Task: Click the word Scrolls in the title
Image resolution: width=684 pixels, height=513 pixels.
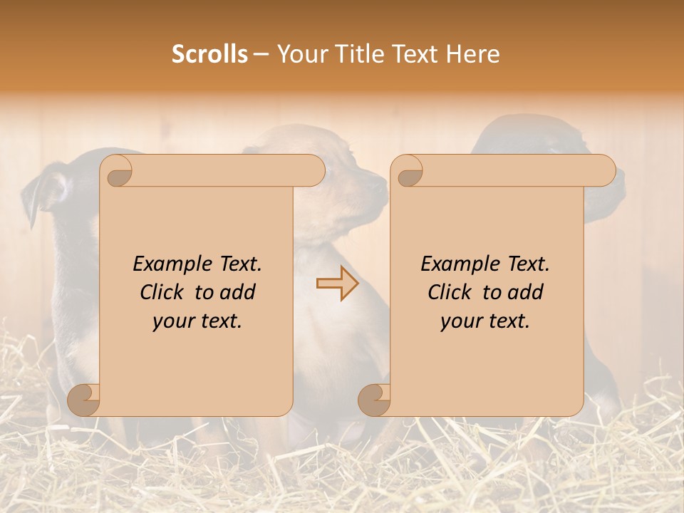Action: click(210, 54)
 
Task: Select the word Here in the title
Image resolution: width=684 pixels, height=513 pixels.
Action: click(473, 54)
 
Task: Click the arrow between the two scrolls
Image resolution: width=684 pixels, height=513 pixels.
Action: click(338, 284)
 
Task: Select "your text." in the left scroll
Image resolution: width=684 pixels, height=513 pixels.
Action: click(197, 321)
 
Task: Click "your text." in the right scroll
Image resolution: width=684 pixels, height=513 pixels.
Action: click(485, 321)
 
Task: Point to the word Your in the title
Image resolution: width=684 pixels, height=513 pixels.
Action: click(300, 54)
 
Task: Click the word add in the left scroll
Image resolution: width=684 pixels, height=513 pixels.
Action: click(238, 292)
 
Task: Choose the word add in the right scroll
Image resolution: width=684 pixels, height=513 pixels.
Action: click(526, 292)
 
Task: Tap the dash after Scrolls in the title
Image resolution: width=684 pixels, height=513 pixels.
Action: click(261, 55)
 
